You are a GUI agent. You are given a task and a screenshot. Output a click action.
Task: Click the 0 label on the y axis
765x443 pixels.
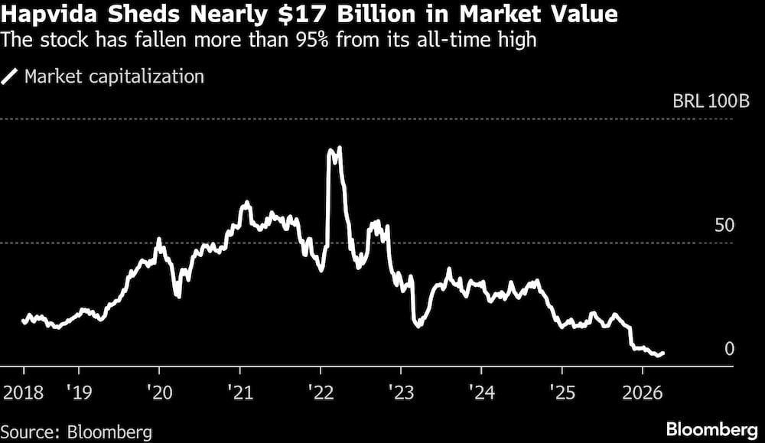729,349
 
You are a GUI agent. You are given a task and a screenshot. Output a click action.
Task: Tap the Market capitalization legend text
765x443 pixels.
114,77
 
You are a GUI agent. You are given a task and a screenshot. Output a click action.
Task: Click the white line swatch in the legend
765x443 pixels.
11,77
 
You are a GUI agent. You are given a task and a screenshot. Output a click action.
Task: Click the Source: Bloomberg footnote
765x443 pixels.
76,432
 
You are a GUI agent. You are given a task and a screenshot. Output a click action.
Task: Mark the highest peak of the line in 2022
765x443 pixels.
339,148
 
